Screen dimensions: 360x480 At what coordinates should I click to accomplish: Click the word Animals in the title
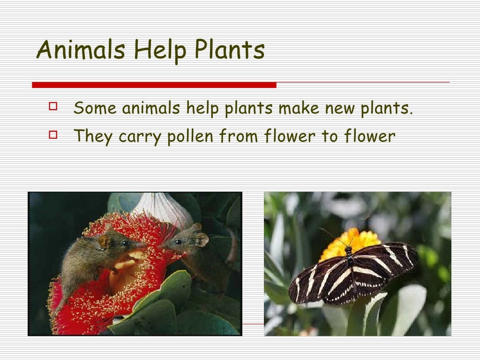pos(81,50)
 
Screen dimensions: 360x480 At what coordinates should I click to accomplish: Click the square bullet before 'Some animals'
pos(52,106)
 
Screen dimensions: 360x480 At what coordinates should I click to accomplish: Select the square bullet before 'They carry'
pos(52,135)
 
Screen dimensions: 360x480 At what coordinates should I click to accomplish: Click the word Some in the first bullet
pos(96,108)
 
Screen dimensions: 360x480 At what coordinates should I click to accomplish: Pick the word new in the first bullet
pos(339,108)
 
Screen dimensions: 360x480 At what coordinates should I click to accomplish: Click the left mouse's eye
pos(125,243)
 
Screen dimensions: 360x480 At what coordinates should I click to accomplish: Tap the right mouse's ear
pos(202,239)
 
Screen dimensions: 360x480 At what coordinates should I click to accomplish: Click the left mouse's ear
pos(104,241)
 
